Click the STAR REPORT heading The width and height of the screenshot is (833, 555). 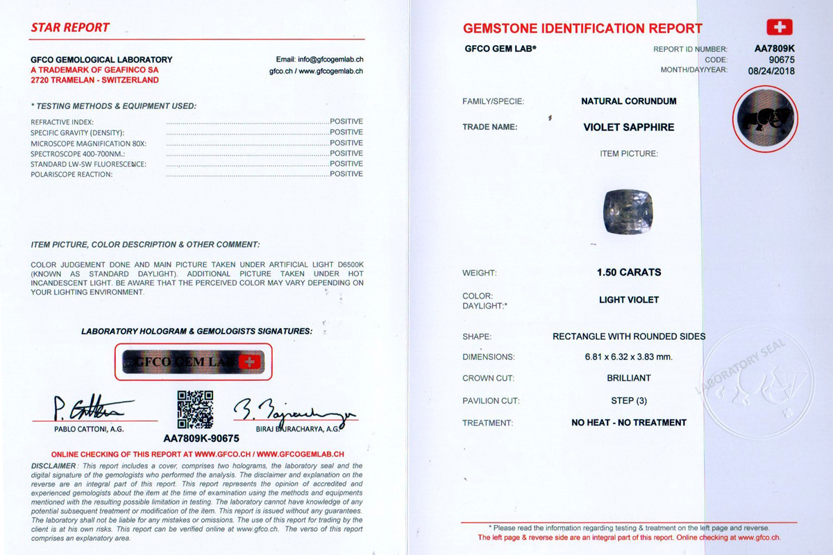point(70,28)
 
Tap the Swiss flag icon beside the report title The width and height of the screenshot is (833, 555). point(779,27)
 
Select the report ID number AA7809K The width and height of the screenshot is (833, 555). point(775,49)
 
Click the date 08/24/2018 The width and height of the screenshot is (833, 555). point(771,70)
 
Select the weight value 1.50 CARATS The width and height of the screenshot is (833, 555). point(629,273)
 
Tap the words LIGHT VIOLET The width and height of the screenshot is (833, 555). point(629,300)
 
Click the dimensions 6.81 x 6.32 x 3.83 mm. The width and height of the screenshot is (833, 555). point(629,357)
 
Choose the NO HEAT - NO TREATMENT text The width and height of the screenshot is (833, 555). point(629,422)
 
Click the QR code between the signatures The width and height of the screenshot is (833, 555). point(195,409)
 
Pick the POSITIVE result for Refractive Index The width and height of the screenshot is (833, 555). point(346,121)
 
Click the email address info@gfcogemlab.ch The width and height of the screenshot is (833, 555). point(319,60)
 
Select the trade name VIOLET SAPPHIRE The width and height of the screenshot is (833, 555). point(629,128)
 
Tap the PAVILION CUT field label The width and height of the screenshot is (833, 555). point(491,401)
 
